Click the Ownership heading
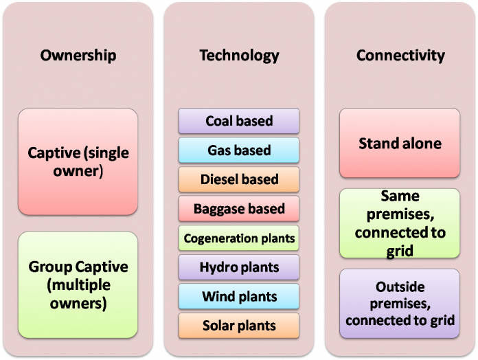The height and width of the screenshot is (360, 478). click(78, 55)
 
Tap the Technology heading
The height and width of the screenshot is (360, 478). click(239, 55)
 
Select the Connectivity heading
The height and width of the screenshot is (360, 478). click(400, 55)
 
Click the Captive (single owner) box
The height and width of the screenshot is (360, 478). click(78, 161)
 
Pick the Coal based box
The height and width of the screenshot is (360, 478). click(239, 122)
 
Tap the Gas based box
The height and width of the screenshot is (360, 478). click(239, 150)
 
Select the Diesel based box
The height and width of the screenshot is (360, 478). click(239, 179)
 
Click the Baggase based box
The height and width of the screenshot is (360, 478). click(239, 208)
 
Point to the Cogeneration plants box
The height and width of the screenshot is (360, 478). click(239, 238)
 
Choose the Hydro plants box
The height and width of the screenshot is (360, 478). click(239, 267)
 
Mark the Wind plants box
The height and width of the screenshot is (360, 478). click(239, 296)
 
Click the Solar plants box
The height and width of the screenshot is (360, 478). click(239, 325)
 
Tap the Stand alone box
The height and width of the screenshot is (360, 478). click(400, 144)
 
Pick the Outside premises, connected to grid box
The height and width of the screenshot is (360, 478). click(400, 303)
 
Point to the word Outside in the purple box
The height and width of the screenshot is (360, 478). click(400, 286)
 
